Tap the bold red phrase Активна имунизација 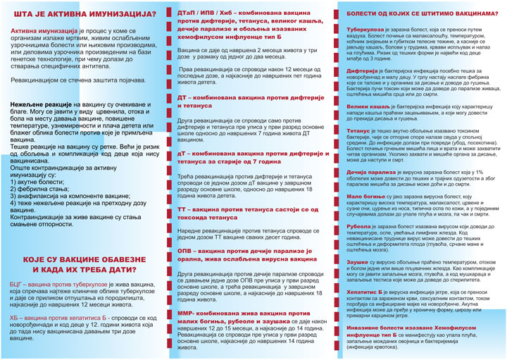[43, 32]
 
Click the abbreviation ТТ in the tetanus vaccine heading [182, 209]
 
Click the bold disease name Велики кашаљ [366, 104]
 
